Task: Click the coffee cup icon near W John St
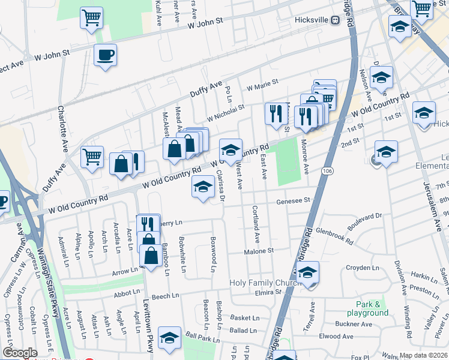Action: [105, 56]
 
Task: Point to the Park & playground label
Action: [367, 308]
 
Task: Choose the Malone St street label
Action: [259, 251]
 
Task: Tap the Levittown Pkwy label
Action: [148, 324]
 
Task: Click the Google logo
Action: [20, 353]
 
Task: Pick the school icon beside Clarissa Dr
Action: [203, 187]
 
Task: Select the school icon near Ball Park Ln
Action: [170, 339]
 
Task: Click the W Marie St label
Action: [262, 84]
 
